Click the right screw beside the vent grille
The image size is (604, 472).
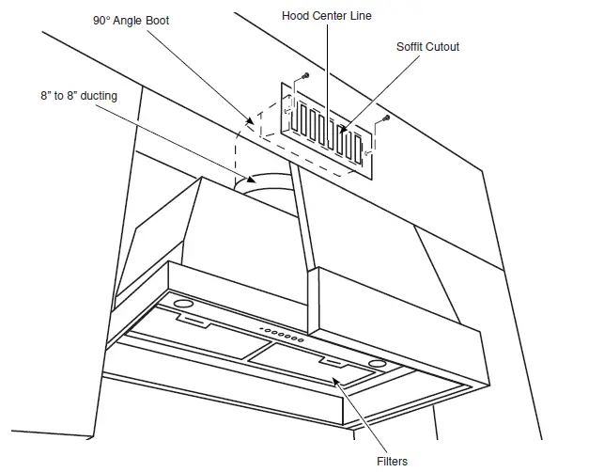point(385,119)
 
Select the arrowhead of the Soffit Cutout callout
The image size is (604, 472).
point(341,131)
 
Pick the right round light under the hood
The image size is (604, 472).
point(377,362)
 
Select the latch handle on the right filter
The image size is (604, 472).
point(335,362)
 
